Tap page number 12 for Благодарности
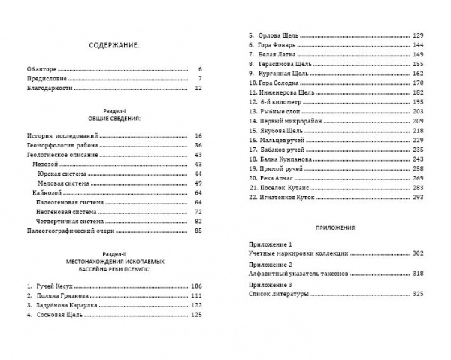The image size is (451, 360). pyautogui.click(x=199, y=88)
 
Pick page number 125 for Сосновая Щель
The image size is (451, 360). pyautogui.click(x=197, y=315)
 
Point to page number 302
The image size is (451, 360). pyautogui.click(x=418, y=254)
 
